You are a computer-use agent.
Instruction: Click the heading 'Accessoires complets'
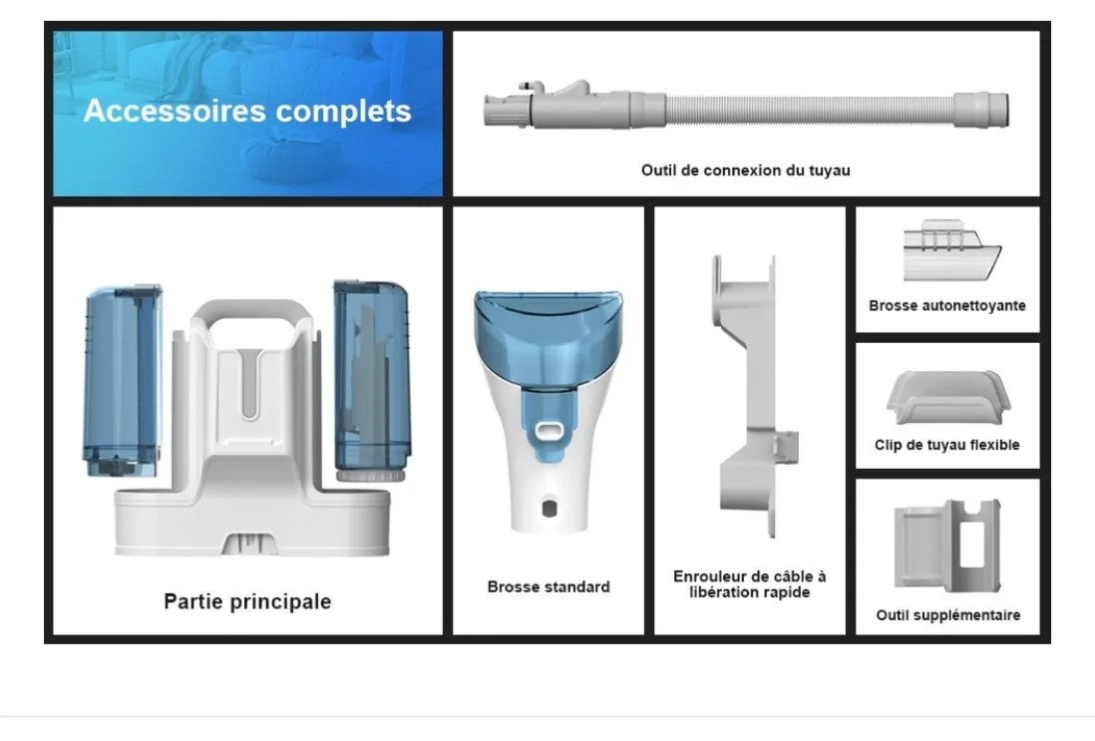(x=247, y=111)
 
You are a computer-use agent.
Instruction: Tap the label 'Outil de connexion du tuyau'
(x=745, y=171)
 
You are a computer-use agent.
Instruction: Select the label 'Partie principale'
(x=247, y=601)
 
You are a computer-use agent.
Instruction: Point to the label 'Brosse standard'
(x=548, y=586)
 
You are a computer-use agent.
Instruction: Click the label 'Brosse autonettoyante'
(x=947, y=305)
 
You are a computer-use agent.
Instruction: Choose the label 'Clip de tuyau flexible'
(x=947, y=445)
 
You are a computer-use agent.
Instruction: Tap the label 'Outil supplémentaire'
(x=947, y=615)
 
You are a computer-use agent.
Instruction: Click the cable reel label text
(x=749, y=583)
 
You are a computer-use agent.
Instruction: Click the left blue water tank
(x=123, y=381)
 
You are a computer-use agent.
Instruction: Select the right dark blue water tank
(x=372, y=381)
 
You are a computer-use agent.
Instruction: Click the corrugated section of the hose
(x=810, y=111)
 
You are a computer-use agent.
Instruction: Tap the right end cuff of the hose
(x=981, y=110)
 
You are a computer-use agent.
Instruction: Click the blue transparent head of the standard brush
(x=548, y=335)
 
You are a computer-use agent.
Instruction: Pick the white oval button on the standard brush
(x=549, y=432)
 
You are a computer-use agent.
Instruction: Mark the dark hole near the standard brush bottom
(x=548, y=508)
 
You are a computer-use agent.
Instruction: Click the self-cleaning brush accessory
(x=951, y=250)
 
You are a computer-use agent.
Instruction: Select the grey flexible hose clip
(x=948, y=397)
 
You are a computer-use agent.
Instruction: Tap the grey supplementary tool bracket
(x=947, y=546)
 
